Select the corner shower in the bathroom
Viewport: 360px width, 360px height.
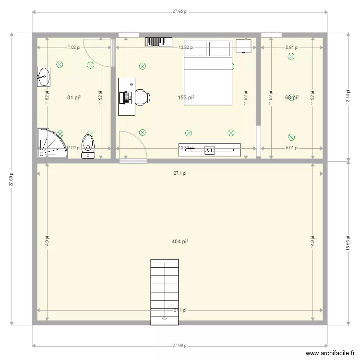pos(50,143)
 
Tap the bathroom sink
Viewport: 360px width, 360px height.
pos(44,76)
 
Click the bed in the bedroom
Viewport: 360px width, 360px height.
pos(208,72)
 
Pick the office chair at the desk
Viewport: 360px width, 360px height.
pos(143,97)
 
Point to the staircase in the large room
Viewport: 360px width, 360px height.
pos(165,288)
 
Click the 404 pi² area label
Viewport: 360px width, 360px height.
pos(180,241)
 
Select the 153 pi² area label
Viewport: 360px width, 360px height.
pos(186,97)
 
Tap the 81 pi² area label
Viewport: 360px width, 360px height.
pos(73,97)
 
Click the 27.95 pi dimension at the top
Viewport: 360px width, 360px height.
pos(180,13)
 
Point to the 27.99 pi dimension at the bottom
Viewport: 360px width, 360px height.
pos(180,346)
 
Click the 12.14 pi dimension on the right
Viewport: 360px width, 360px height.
pos(348,97)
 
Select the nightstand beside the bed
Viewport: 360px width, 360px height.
pos(244,47)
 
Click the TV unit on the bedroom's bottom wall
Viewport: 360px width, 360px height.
pos(209,150)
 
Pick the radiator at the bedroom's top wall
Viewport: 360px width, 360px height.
pos(158,42)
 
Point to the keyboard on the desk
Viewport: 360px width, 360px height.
pos(127,97)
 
